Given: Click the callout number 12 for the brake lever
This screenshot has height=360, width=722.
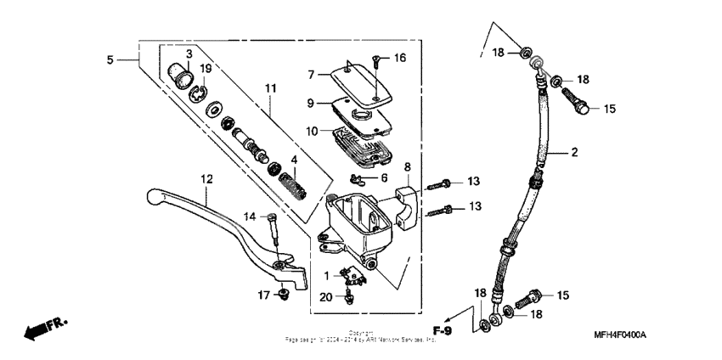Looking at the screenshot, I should (205, 178).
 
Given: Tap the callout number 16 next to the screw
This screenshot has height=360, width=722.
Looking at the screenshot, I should (400, 58).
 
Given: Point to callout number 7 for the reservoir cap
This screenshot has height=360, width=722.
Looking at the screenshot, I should (312, 75).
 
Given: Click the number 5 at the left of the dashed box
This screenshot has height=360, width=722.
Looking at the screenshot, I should (110, 59).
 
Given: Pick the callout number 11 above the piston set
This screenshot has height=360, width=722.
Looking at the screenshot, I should (271, 88).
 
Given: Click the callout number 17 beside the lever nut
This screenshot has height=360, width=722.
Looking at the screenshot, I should (263, 295).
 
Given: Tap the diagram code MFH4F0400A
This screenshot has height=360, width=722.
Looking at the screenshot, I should (620, 335).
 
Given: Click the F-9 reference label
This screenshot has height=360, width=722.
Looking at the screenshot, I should (442, 329).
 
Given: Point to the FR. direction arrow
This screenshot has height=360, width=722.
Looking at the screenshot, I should (46, 327).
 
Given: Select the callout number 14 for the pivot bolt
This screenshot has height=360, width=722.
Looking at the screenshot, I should (249, 217).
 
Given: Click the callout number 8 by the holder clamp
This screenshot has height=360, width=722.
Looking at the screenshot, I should (407, 167).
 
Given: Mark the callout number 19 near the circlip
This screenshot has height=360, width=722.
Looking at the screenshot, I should (206, 68).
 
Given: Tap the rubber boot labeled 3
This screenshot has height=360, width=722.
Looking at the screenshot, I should (177, 74).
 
